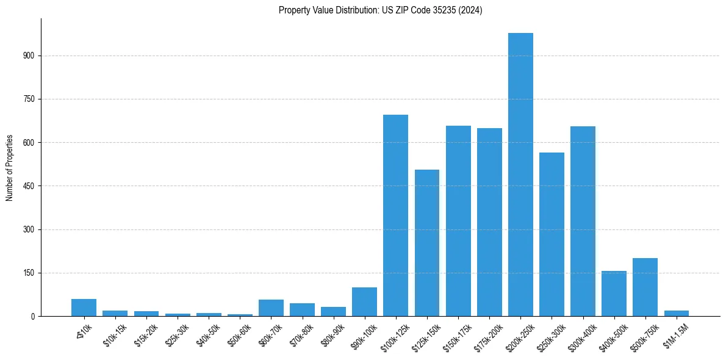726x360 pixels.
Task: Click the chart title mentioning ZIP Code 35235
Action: click(x=380, y=10)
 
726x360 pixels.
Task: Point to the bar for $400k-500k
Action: click(x=614, y=293)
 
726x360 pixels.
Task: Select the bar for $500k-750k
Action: click(x=645, y=287)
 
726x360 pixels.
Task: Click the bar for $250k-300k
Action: click(x=552, y=234)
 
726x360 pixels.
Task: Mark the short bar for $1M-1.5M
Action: click(x=676, y=313)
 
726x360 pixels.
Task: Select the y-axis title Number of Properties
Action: click(x=10, y=167)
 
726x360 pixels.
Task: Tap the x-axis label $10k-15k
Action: click(x=115, y=336)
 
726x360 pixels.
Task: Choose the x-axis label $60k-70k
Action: click(x=271, y=336)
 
